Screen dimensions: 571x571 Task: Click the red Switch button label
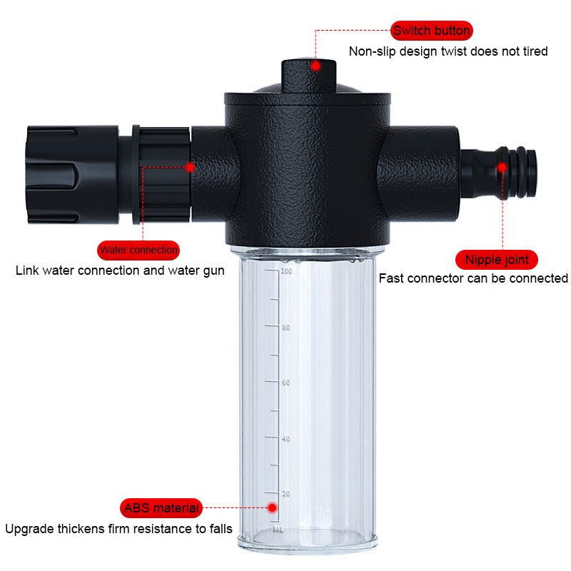[x=432, y=31]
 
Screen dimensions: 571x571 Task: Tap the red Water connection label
[x=138, y=251]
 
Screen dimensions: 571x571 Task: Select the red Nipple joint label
[x=497, y=260]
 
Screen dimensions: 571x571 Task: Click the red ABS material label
[x=161, y=508]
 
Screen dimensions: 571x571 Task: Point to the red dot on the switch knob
[x=315, y=66]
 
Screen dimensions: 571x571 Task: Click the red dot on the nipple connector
[x=502, y=167]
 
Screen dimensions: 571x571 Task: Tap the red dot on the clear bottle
[x=272, y=507]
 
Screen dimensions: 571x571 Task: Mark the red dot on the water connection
[x=190, y=167]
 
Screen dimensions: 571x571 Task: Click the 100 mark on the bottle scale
[x=286, y=271]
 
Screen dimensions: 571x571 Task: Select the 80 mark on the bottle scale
[x=286, y=328]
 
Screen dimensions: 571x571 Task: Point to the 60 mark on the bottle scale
[x=286, y=383]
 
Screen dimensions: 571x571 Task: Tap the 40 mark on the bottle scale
[x=286, y=439]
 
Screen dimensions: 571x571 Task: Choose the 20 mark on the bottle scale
[x=286, y=494]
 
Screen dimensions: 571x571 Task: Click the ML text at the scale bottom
[x=278, y=530]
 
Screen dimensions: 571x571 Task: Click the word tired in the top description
[x=535, y=51]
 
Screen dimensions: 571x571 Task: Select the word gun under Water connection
[x=213, y=271]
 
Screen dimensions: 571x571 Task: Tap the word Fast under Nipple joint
[x=390, y=278]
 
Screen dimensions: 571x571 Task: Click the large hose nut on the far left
[x=73, y=174]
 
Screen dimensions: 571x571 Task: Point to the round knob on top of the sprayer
[x=308, y=75]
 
